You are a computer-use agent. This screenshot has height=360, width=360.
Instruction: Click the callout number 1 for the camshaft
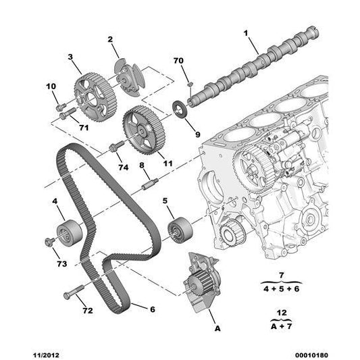tap(247, 32)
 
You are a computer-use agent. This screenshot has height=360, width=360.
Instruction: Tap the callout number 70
tap(178, 61)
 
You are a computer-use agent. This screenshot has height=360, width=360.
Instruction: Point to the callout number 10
tap(51, 86)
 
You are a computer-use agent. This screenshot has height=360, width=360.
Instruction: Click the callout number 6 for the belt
tap(152, 309)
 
